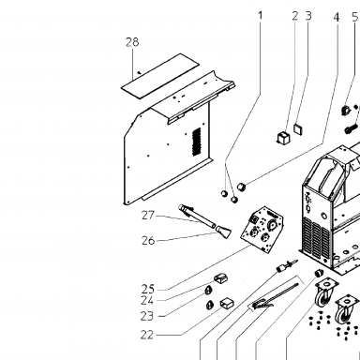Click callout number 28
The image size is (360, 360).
[132, 42]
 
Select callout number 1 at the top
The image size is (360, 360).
[260, 15]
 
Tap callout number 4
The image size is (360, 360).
[337, 17]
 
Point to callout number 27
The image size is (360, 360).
[148, 216]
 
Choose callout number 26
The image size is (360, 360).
[148, 240]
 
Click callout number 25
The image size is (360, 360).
[148, 289]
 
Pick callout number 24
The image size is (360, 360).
[147, 300]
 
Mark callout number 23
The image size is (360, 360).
[147, 316]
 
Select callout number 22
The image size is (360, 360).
[147, 335]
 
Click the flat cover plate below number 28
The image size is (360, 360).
[160, 76]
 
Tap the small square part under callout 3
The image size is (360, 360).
[299, 128]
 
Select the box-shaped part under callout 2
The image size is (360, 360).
[283, 137]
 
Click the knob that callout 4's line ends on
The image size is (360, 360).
[242, 187]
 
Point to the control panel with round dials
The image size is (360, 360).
[262, 229]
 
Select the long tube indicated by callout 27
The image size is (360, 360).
[196, 216]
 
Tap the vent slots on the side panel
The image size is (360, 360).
[196, 142]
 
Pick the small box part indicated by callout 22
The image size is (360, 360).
[227, 303]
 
